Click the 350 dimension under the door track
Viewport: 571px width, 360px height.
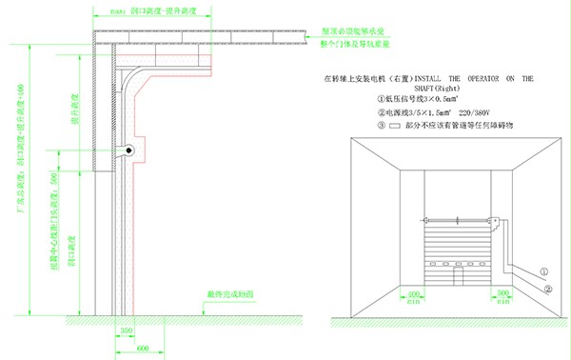coord(126,330)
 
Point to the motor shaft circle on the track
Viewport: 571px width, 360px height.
coord(128,150)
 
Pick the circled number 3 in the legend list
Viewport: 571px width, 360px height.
coord(355,124)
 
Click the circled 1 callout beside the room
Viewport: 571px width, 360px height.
coord(545,270)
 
